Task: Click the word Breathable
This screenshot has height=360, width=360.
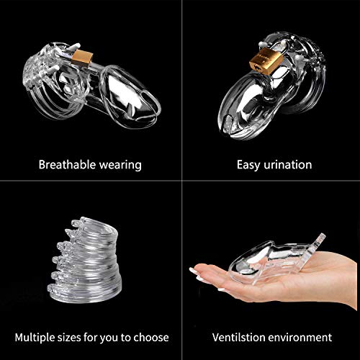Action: click(x=68, y=165)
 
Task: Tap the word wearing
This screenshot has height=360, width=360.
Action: click(x=120, y=166)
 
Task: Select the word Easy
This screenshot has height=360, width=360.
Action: click(x=248, y=166)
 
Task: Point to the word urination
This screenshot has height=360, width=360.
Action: click(x=287, y=165)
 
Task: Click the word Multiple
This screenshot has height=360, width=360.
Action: click(x=35, y=338)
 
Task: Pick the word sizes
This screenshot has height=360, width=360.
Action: click(x=69, y=338)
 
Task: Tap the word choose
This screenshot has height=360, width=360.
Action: click(x=151, y=338)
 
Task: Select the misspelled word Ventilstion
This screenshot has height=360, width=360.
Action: click(x=239, y=337)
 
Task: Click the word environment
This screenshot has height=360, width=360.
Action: click(x=300, y=338)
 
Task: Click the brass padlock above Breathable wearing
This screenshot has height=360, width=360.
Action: click(x=82, y=58)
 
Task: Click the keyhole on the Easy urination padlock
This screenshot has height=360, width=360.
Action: click(x=259, y=69)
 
